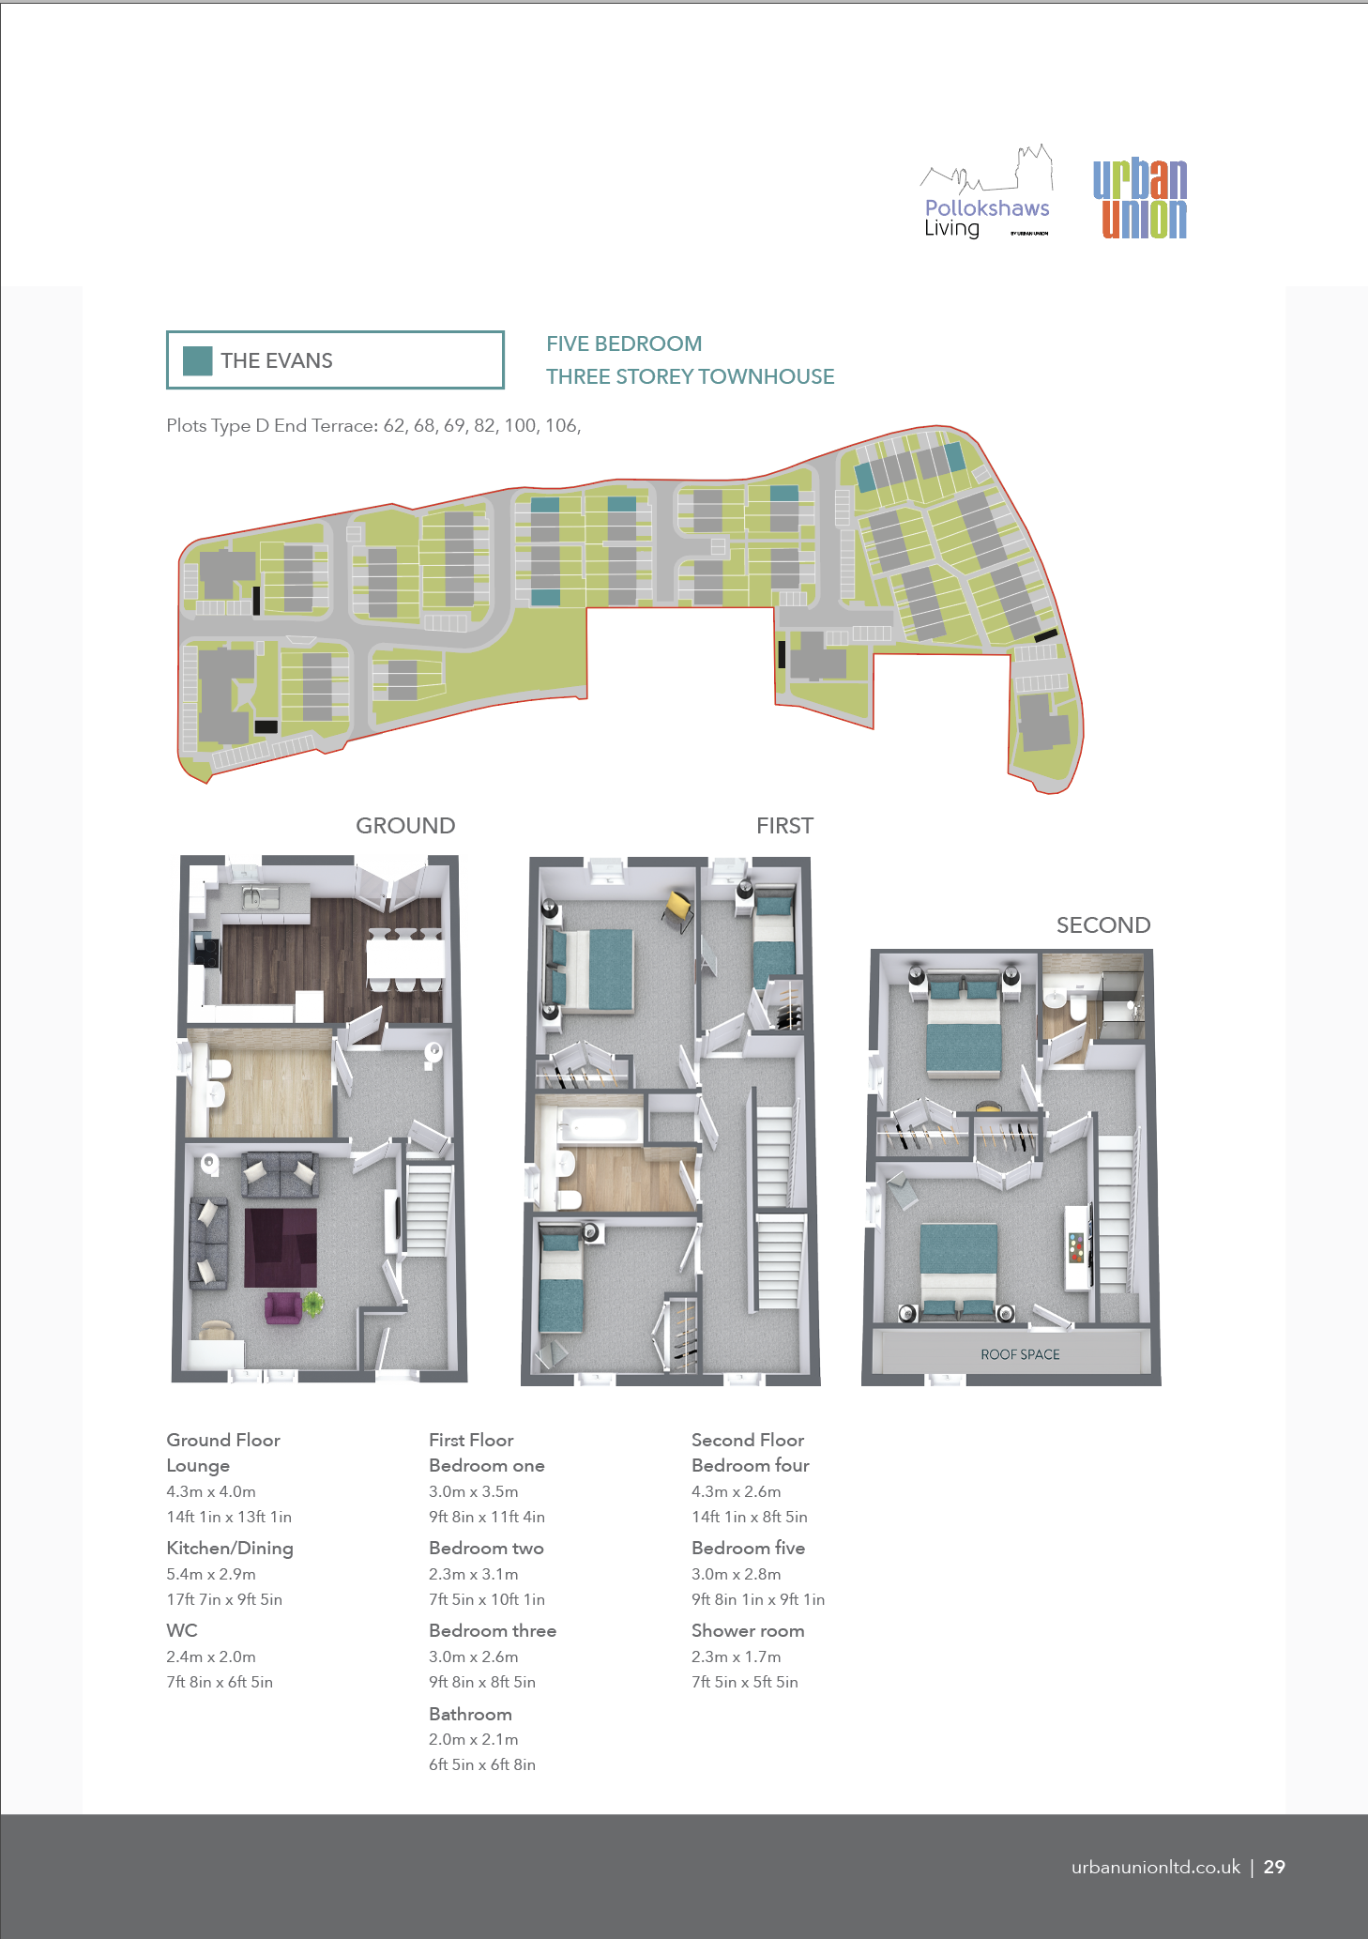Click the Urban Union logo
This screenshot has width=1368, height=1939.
point(1140,199)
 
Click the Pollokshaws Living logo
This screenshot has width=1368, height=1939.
point(987,192)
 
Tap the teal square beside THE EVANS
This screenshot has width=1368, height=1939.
point(197,360)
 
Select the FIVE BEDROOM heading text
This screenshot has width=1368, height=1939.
point(624,344)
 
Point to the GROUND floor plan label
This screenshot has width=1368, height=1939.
point(405,826)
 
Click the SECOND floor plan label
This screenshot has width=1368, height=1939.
point(1103,925)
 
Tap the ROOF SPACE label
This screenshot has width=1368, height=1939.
point(1020,1354)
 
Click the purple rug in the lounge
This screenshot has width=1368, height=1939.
point(281,1247)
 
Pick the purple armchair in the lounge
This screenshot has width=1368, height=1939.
point(282,1308)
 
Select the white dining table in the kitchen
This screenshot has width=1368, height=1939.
point(405,959)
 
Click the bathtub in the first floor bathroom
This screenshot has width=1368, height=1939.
point(600,1124)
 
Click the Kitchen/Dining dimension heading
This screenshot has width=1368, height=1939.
point(230,1549)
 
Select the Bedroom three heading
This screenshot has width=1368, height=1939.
point(493,1631)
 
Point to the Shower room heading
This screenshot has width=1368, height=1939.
point(748,1631)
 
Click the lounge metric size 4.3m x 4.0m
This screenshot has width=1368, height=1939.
point(211,1491)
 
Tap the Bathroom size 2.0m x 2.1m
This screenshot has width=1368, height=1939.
point(474,1739)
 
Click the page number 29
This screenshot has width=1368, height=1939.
point(1274,1867)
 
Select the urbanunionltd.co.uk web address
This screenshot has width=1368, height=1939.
point(1156,1867)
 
